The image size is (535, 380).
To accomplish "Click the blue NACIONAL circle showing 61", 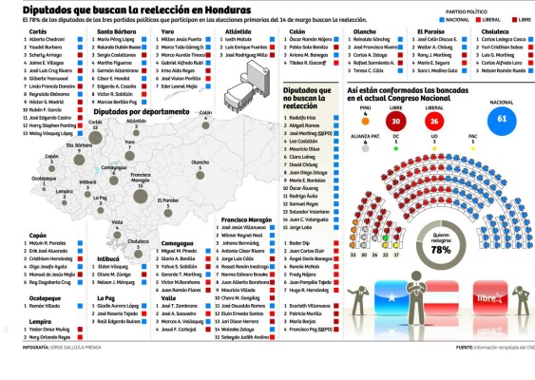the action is pyautogui.click(x=501, y=119).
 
